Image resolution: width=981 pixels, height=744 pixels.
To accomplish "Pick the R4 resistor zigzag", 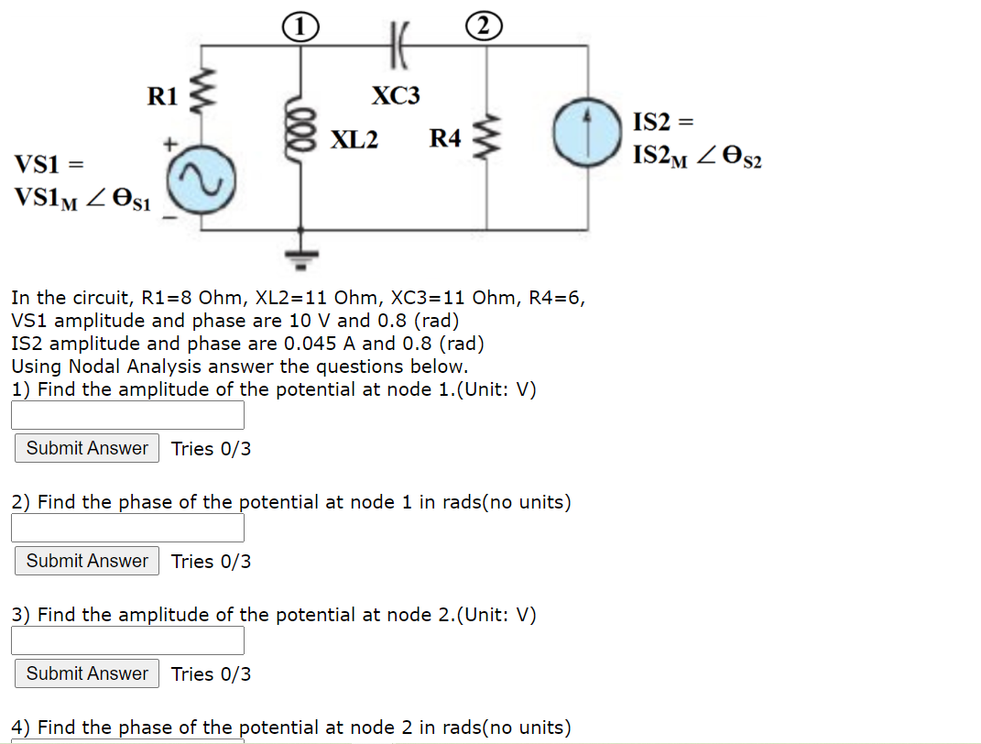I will point(486,137).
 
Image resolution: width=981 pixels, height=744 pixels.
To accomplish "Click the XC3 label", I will point(396,95).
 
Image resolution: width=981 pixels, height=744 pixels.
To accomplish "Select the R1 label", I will point(162,95).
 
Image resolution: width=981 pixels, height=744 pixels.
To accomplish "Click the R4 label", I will point(445,139).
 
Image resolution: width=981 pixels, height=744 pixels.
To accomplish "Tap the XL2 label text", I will point(354,140).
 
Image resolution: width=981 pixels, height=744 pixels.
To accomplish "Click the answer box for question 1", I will point(127,415).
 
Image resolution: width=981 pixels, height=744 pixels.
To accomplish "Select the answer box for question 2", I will point(127,528).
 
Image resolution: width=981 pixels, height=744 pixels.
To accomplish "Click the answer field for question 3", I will point(127,640).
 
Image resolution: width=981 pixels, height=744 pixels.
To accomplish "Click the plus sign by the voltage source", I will point(169,144).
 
